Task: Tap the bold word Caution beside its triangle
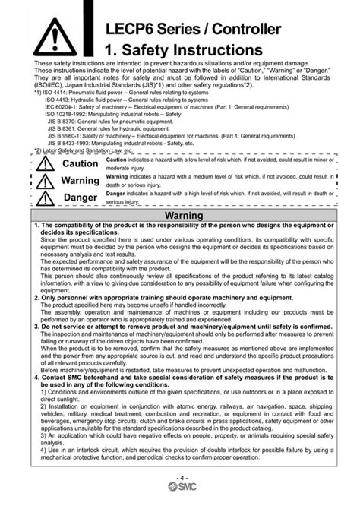coord(80,164)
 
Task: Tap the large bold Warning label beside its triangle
coord(80,181)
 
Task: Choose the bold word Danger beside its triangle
coord(80,198)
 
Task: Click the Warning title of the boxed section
coord(183,217)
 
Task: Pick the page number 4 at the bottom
coord(180,477)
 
